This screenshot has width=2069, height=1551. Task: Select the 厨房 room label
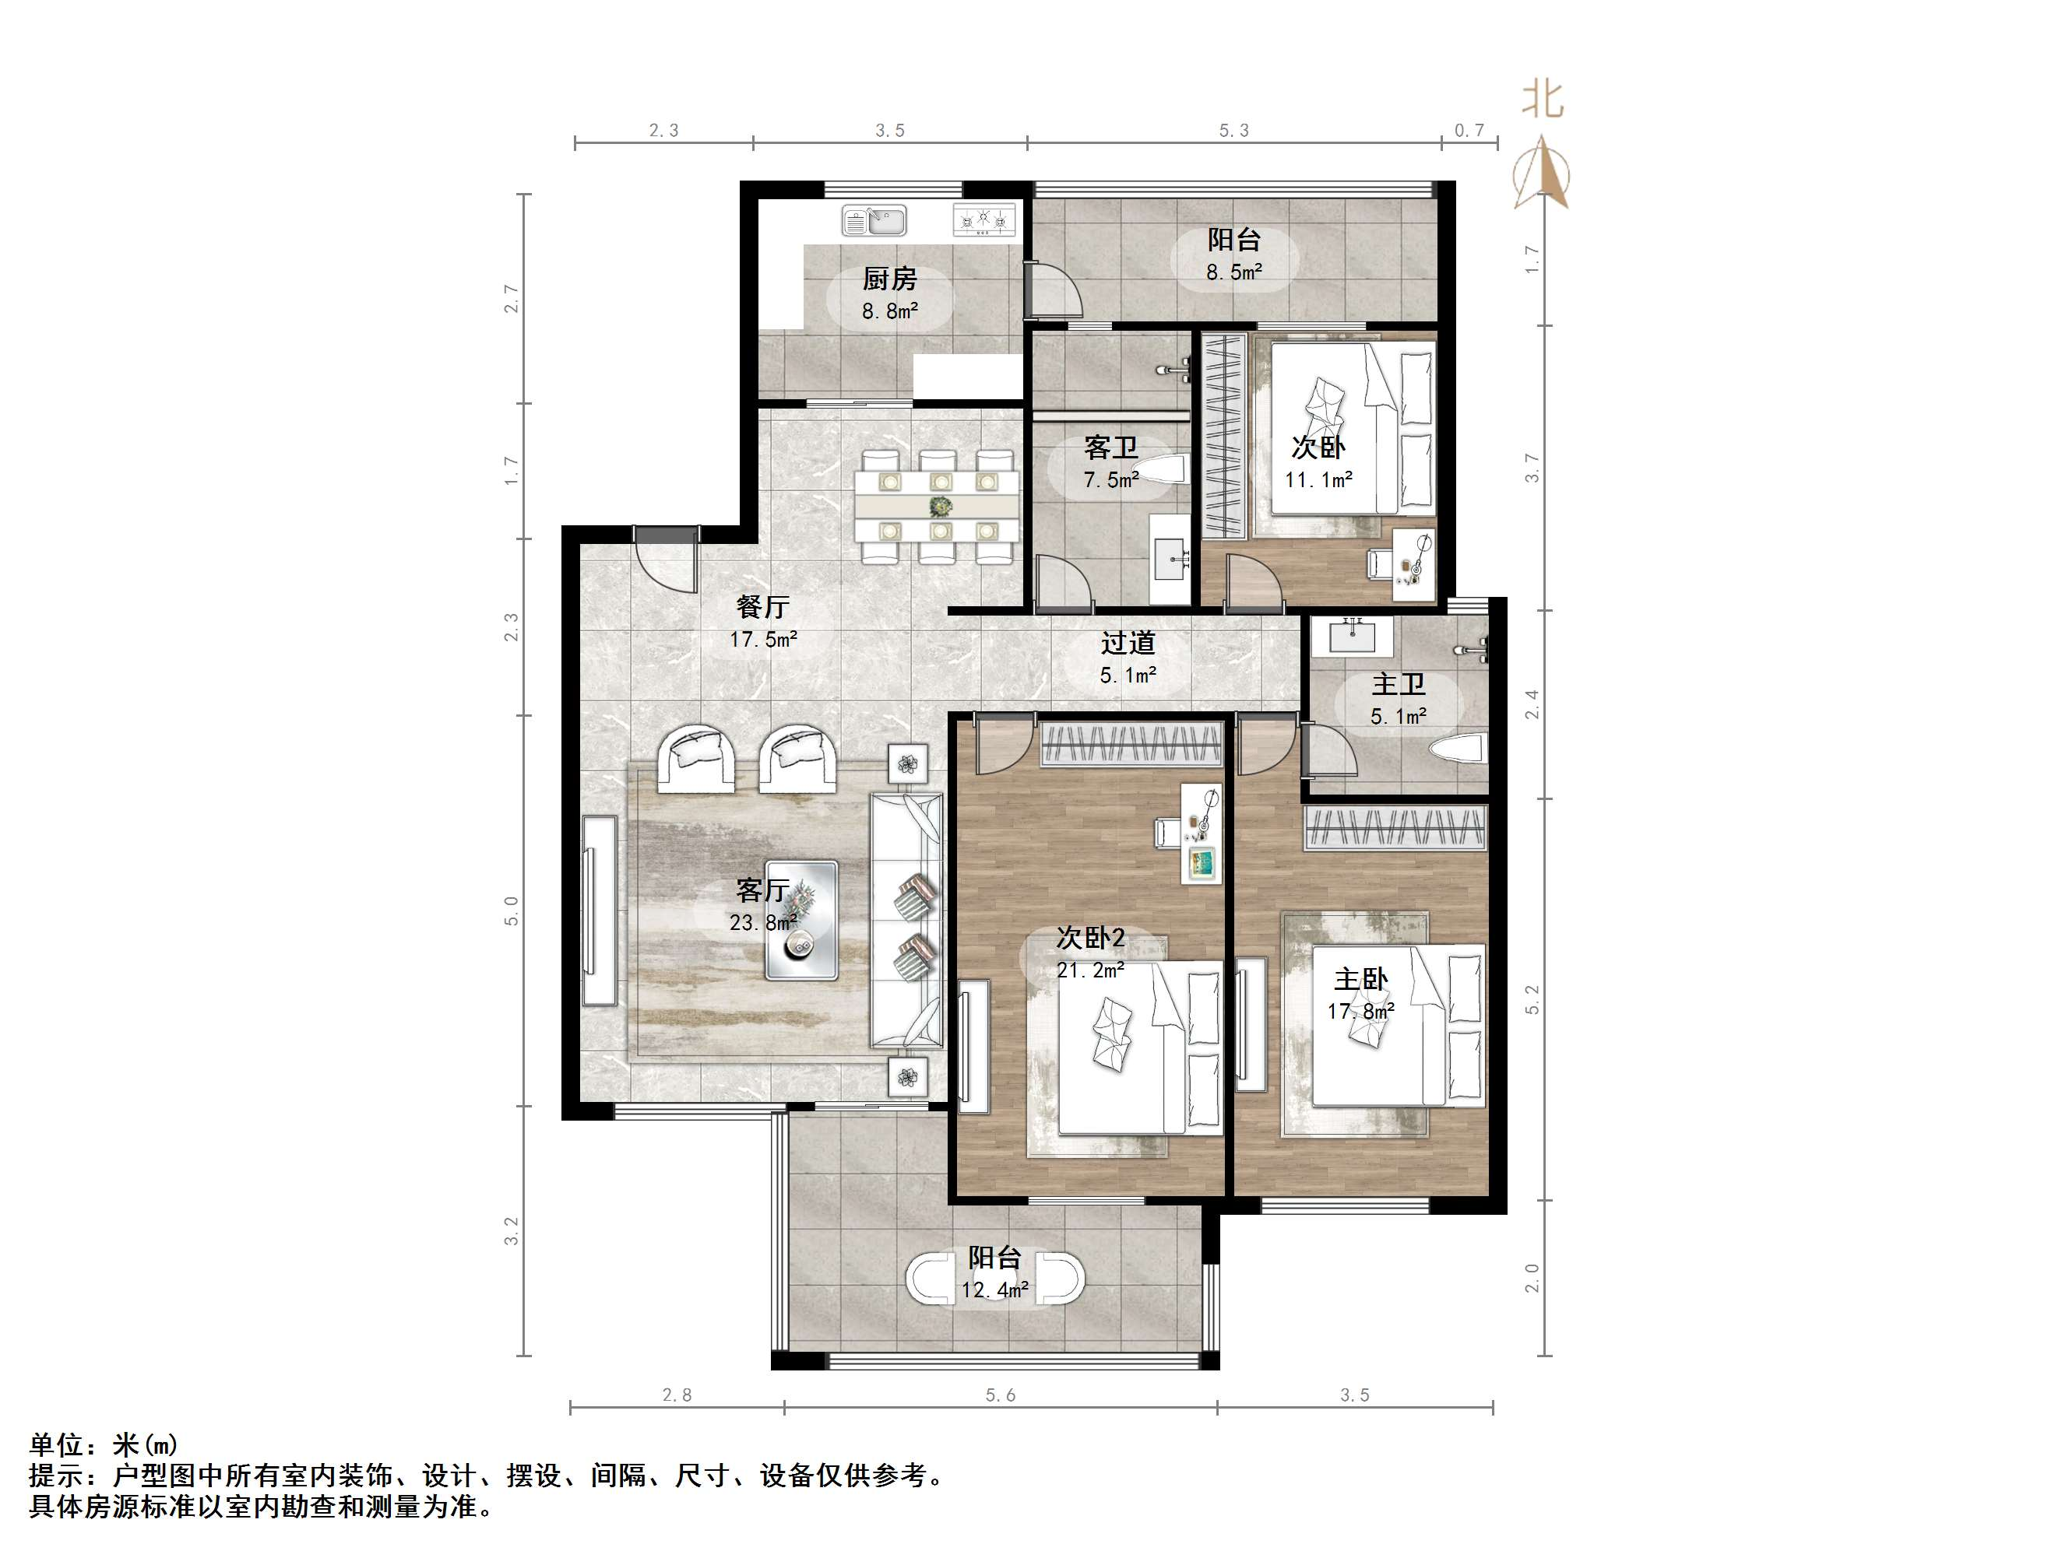tap(888, 279)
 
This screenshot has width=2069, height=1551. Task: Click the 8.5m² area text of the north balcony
tap(1233, 273)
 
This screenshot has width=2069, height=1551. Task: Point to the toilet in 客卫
tap(1159, 470)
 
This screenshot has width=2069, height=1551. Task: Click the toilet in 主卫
tap(1459, 748)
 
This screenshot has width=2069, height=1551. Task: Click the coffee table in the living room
tap(801, 920)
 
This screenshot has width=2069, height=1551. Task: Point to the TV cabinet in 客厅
tap(600, 910)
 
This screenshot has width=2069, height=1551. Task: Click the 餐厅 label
tap(762, 608)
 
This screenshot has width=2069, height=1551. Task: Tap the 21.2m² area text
tap(1089, 970)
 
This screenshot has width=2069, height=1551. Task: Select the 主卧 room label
tap(1360, 980)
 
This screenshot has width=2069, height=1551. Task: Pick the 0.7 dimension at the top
tap(1469, 131)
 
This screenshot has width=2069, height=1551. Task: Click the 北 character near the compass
tap(1543, 98)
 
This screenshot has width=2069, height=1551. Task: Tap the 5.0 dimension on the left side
tap(512, 911)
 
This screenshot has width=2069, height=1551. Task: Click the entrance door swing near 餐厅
tap(666, 562)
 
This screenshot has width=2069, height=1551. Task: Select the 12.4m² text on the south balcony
tap(994, 1291)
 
